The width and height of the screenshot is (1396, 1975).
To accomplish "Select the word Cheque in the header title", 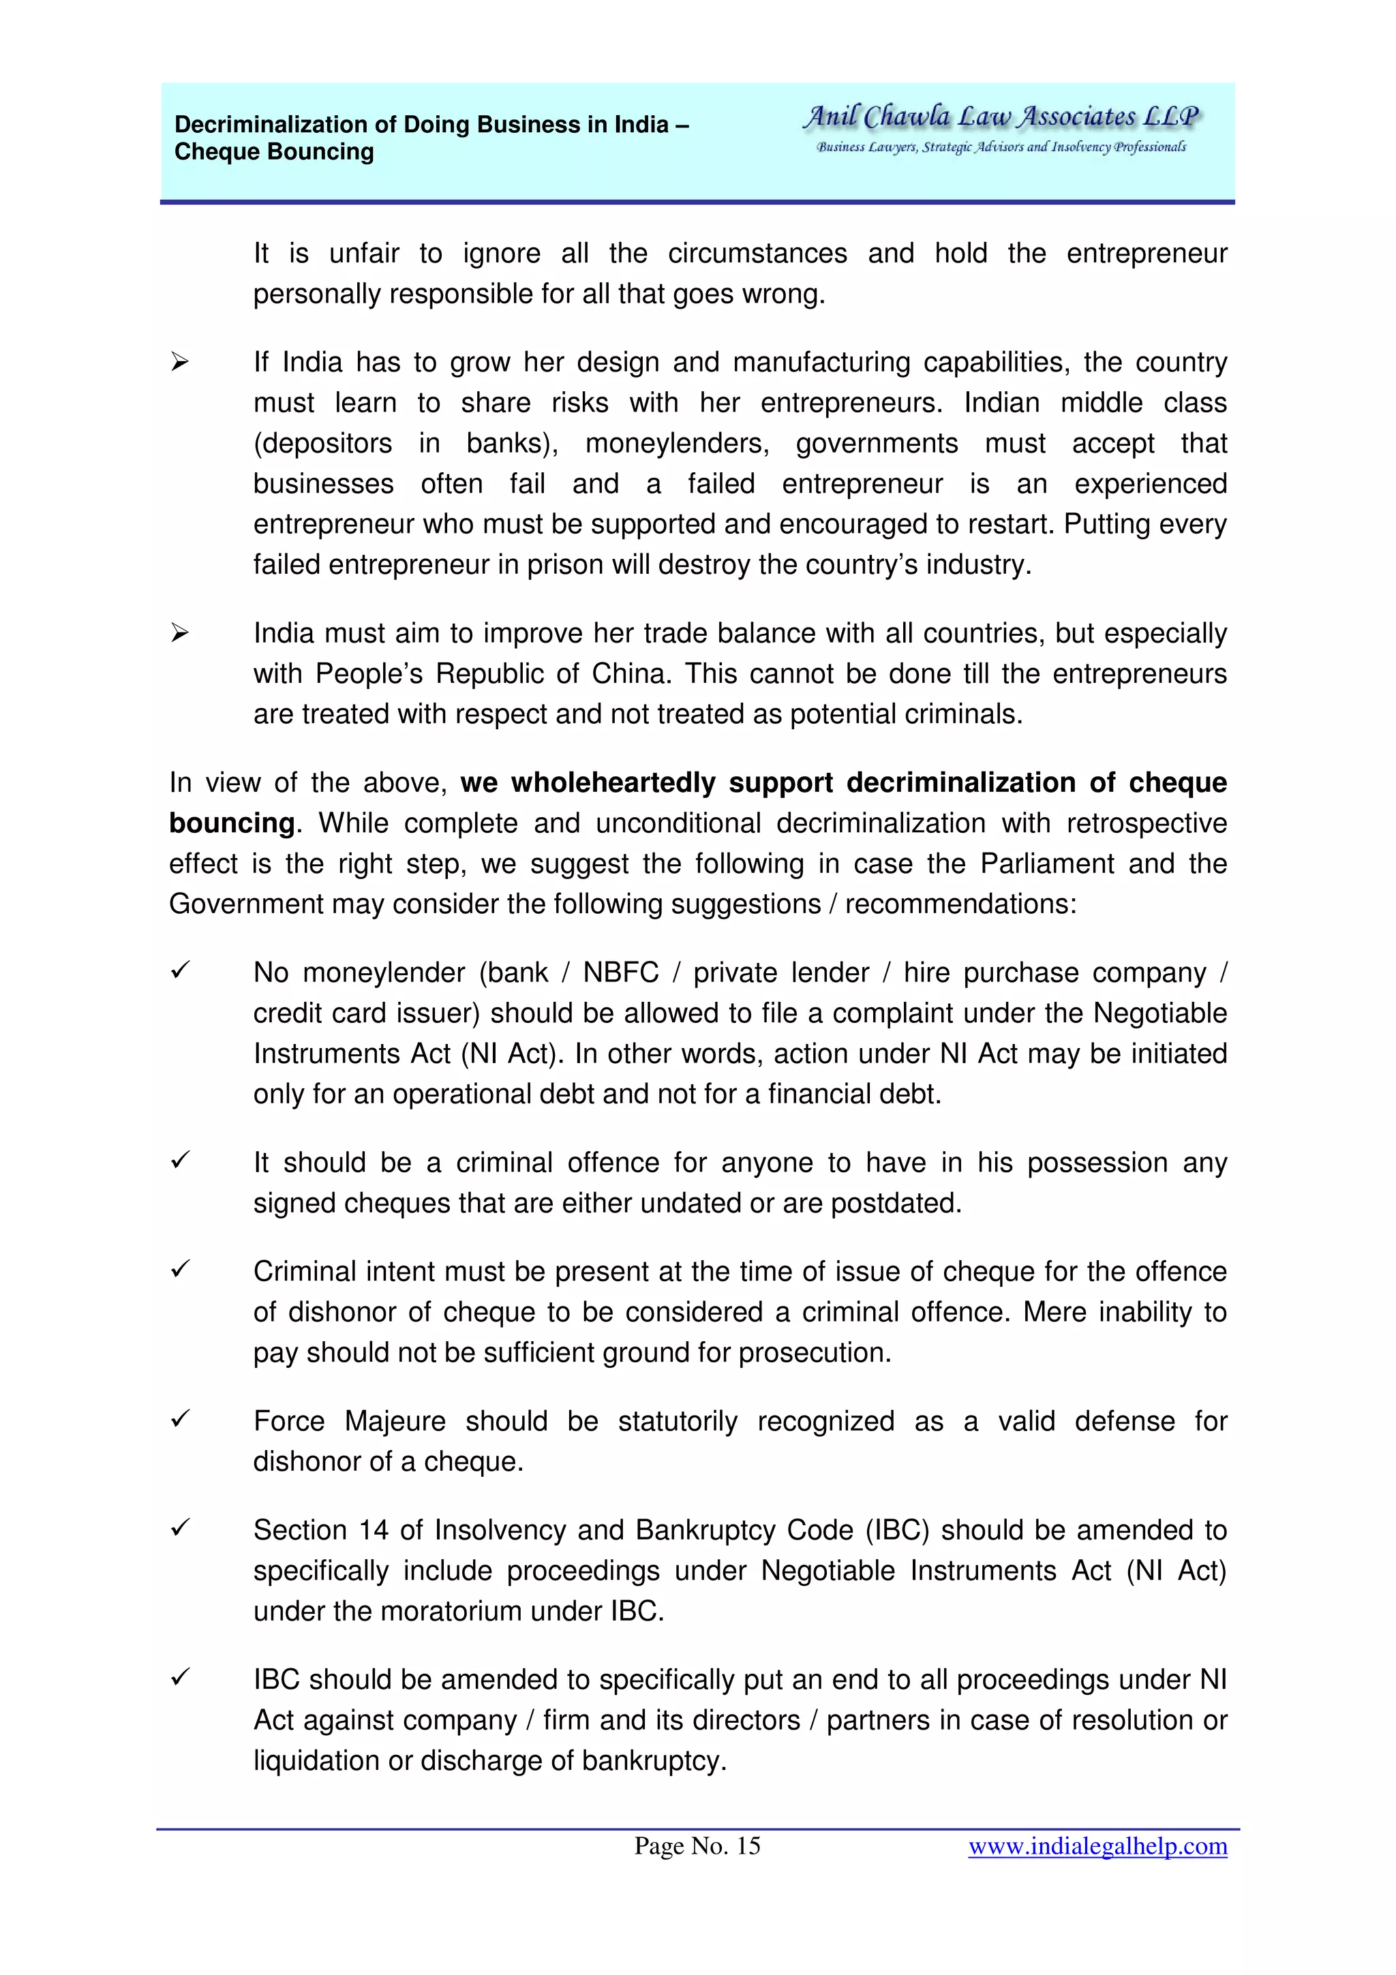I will tap(213, 152).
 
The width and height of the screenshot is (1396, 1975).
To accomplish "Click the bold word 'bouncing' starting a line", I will tap(231, 823).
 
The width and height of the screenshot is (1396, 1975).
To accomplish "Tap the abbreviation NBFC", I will tap(620, 973).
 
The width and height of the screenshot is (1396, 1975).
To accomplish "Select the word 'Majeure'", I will tap(395, 1421).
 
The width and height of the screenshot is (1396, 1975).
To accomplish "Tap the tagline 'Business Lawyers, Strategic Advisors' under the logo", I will tap(1001, 147).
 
